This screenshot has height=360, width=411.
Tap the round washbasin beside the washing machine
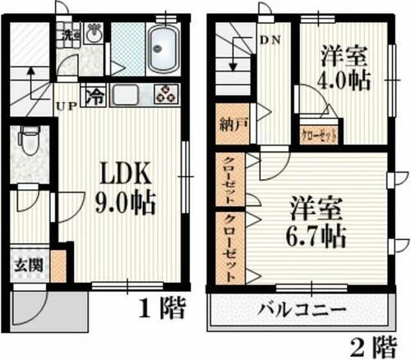pos(93,35)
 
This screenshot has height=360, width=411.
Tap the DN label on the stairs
pos(269,39)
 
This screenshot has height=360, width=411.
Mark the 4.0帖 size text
pos(342,81)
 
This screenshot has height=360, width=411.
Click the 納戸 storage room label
pos(229,127)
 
